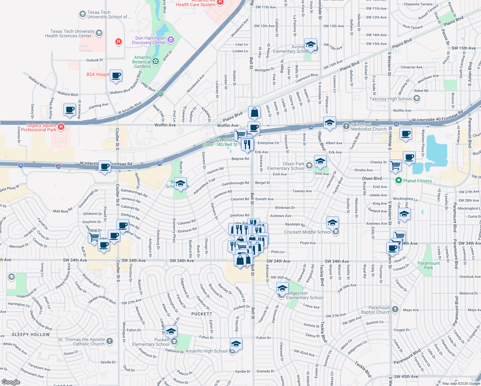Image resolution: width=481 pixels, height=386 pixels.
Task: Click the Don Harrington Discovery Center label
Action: click(x=149, y=40)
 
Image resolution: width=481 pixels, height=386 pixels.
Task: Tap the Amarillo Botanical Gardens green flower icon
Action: click(x=156, y=61)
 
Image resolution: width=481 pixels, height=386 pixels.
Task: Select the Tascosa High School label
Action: click(x=390, y=99)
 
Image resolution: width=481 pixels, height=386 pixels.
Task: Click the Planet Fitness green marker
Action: click(x=399, y=180)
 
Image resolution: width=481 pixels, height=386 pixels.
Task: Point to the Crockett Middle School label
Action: click(x=307, y=232)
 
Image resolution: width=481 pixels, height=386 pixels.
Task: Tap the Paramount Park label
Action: click(x=428, y=265)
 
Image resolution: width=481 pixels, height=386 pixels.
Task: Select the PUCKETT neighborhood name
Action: click(x=202, y=314)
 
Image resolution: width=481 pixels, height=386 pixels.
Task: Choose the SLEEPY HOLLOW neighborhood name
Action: click(x=31, y=335)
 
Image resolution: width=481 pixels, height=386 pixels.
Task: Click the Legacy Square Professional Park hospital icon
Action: click(x=61, y=127)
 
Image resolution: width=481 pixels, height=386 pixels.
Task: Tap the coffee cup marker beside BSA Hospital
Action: click(x=116, y=76)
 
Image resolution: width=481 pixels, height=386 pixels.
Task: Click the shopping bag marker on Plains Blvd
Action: click(x=254, y=113)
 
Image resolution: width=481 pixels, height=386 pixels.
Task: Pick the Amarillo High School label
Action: click(x=206, y=351)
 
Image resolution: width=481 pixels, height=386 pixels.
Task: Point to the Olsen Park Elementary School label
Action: click(x=286, y=166)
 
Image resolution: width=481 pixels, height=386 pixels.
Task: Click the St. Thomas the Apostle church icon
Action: click(x=110, y=341)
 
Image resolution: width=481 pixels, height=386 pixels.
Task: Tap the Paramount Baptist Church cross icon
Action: click(x=395, y=309)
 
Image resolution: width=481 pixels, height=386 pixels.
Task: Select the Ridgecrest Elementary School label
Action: click(x=304, y=296)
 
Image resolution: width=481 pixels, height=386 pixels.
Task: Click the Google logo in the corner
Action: click(x=11, y=382)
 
